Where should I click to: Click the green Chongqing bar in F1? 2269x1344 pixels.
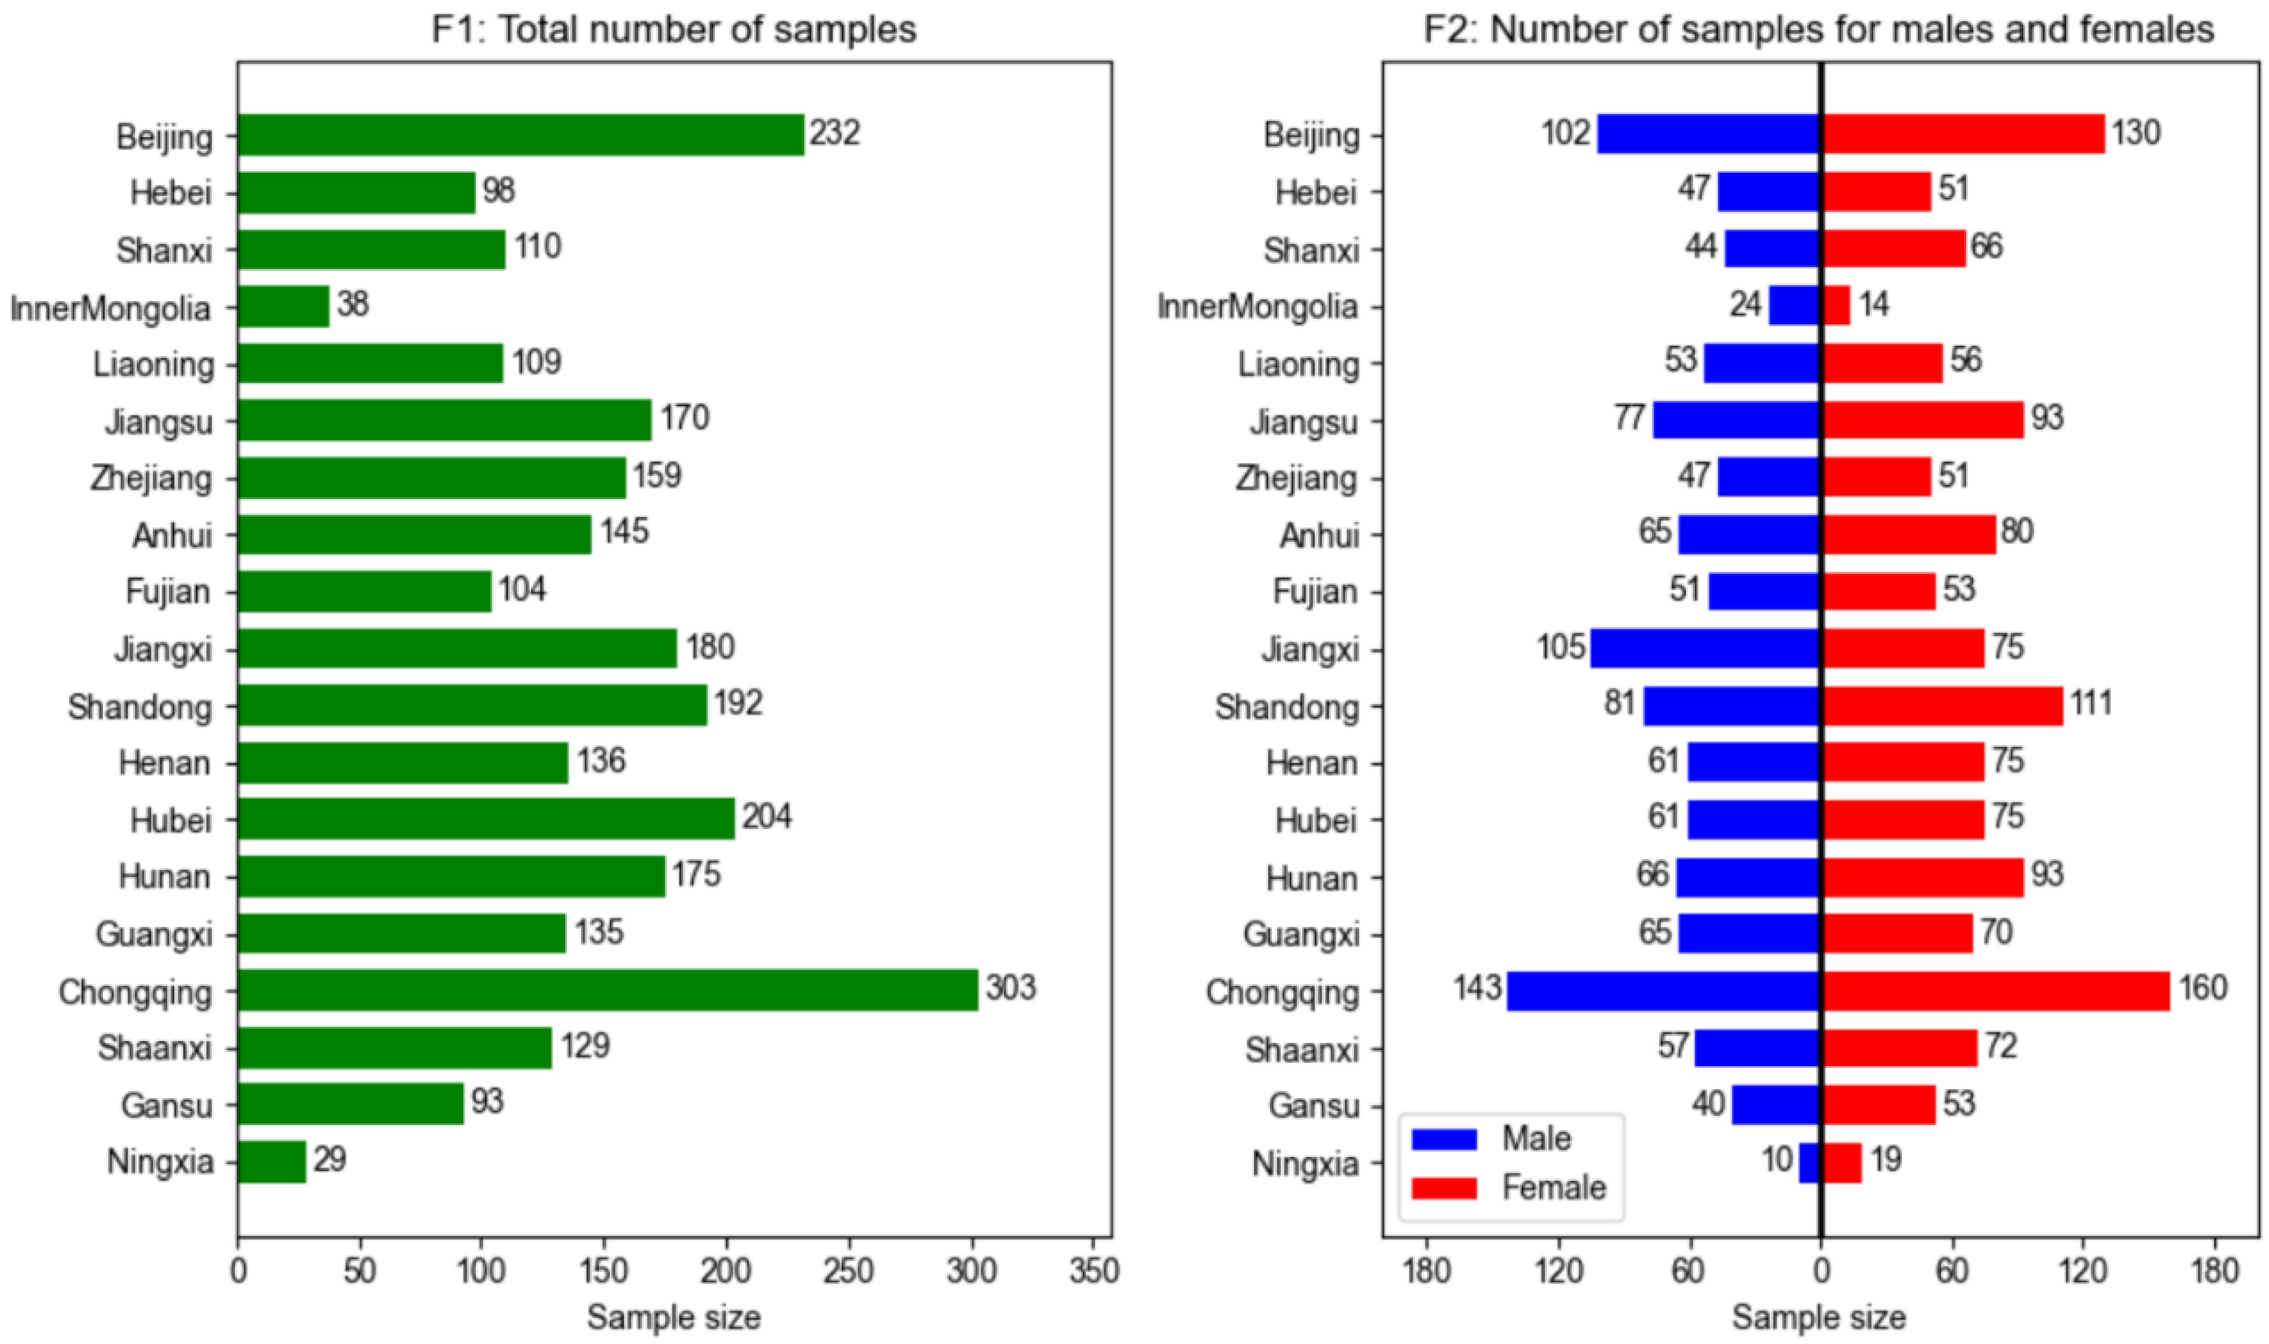(x=607, y=990)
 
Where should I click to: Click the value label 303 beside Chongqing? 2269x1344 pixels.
(x=1010, y=987)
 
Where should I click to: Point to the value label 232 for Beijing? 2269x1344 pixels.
(x=834, y=133)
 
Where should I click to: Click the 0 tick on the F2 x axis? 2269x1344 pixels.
(x=1821, y=1272)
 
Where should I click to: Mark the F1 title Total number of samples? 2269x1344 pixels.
(x=674, y=30)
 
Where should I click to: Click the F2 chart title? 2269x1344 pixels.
(x=1819, y=30)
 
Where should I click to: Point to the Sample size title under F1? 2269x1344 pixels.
(x=674, y=1318)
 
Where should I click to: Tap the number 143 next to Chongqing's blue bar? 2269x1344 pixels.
(x=1477, y=987)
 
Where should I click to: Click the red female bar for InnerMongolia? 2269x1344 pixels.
(x=1836, y=305)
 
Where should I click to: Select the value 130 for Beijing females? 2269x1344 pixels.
(x=2136, y=133)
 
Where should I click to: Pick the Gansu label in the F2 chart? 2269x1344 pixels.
(x=1313, y=1106)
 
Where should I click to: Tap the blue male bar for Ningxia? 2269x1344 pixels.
(x=1809, y=1163)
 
